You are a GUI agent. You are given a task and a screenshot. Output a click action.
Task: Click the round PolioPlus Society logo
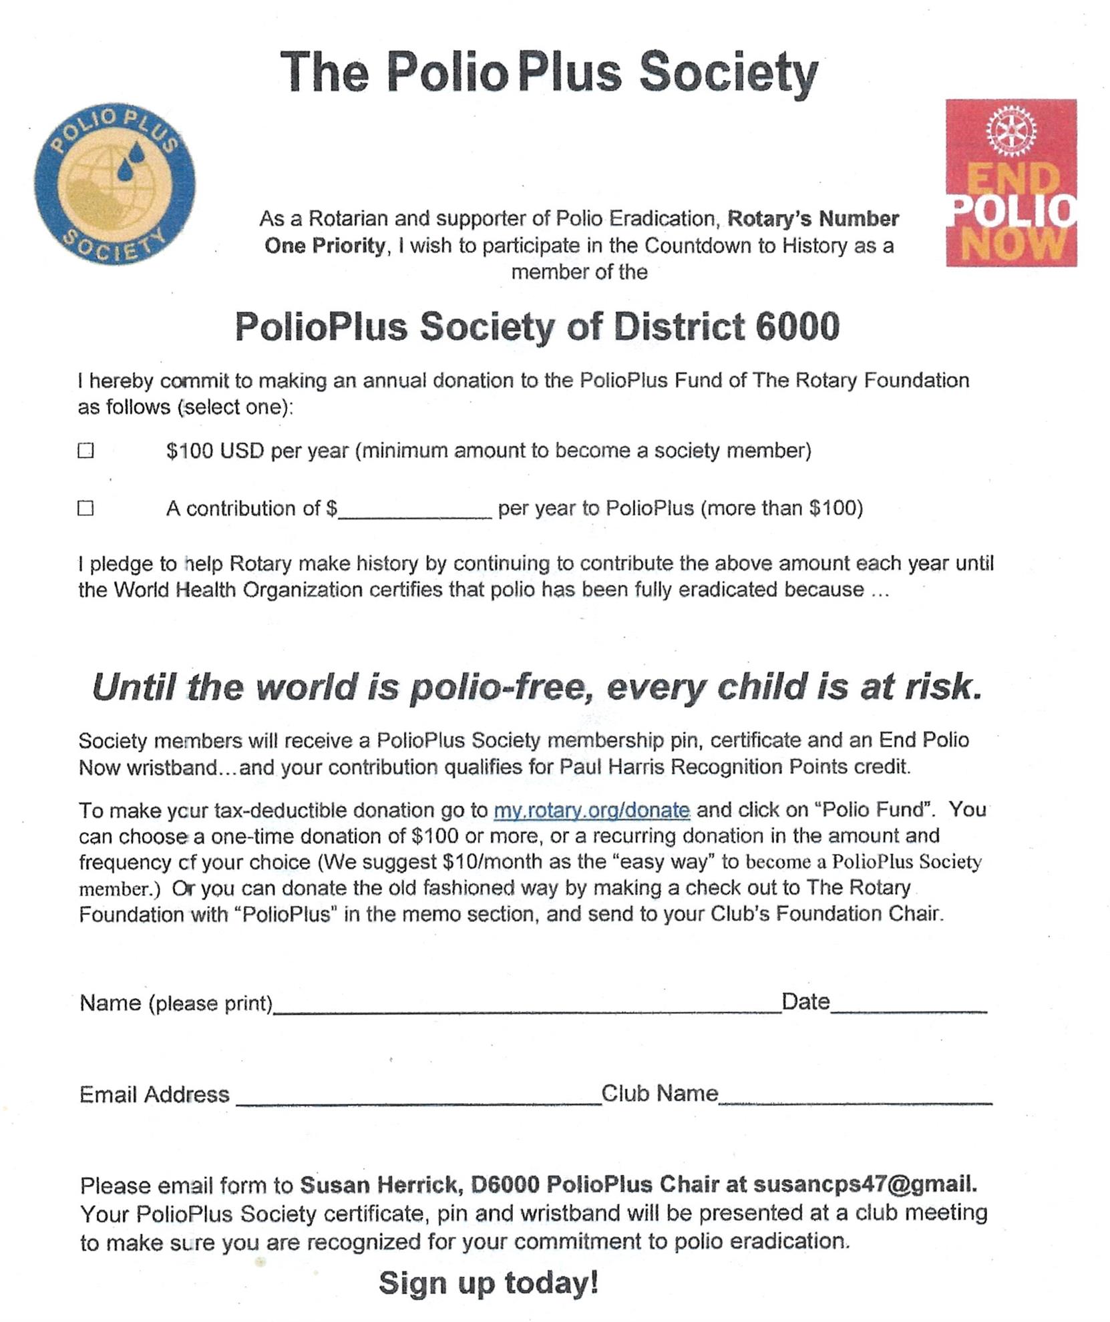tap(114, 184)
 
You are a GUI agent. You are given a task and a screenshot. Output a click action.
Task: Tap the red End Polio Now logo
tap(1010, 183)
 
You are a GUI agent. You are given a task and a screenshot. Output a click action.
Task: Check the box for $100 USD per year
tap(85, 451)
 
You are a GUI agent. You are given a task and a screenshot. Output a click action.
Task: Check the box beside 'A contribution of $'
tap(85, 508)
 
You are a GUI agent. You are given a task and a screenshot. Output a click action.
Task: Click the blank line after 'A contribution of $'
tap(415, 513)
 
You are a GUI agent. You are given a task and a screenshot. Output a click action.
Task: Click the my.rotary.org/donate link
tap(591, 810)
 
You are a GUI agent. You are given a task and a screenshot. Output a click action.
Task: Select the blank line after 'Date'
tap(908, 1009)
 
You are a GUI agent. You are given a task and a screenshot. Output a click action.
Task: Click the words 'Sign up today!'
tap(488, 1283)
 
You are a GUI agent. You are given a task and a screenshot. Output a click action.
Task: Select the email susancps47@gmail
tap(865, 1184)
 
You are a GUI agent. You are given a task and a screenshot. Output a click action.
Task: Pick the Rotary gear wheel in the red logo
tap(1011, 130)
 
